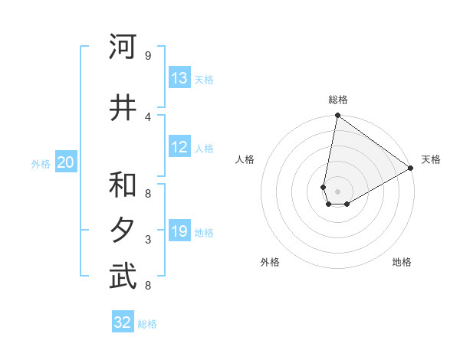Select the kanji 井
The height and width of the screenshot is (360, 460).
tap(123, 108)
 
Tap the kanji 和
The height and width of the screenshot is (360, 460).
tap(123, 186)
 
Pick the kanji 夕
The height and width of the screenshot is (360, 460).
tap(123, 231)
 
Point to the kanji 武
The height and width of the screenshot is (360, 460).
tap(123, 277)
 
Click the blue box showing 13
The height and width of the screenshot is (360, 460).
tap(179, 78)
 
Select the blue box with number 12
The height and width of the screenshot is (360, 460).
tap(179, 148)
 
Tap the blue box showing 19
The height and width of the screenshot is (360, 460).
tap(179, 232)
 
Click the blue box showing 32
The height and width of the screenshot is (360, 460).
tap(123, 322)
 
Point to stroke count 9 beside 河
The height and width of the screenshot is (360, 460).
tap(148, 56)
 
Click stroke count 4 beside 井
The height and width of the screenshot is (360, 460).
tap(148, 116)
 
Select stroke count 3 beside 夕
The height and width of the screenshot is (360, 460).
tap(148, 240)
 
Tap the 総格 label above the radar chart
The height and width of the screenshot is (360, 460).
tap(338, 100)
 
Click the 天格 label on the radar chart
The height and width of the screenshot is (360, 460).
tap(431, 159)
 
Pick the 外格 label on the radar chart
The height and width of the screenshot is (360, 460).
tap(270, 262)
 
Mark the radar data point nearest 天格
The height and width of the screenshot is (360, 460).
tap(411, 169)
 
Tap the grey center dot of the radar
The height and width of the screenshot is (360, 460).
tap(338, 191)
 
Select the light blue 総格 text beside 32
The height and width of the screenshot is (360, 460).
tap(147, 324)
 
